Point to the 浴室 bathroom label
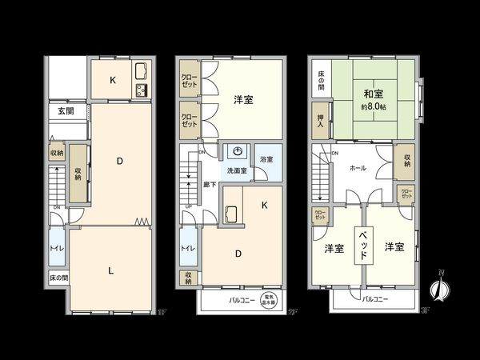(266, 160)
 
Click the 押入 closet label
(320, 122)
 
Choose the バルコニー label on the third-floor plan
(374, 298)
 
